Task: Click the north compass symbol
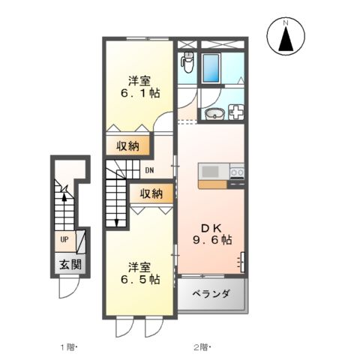point(286,37)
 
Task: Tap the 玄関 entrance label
point(70,265)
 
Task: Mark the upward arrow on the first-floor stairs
point(66,199)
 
